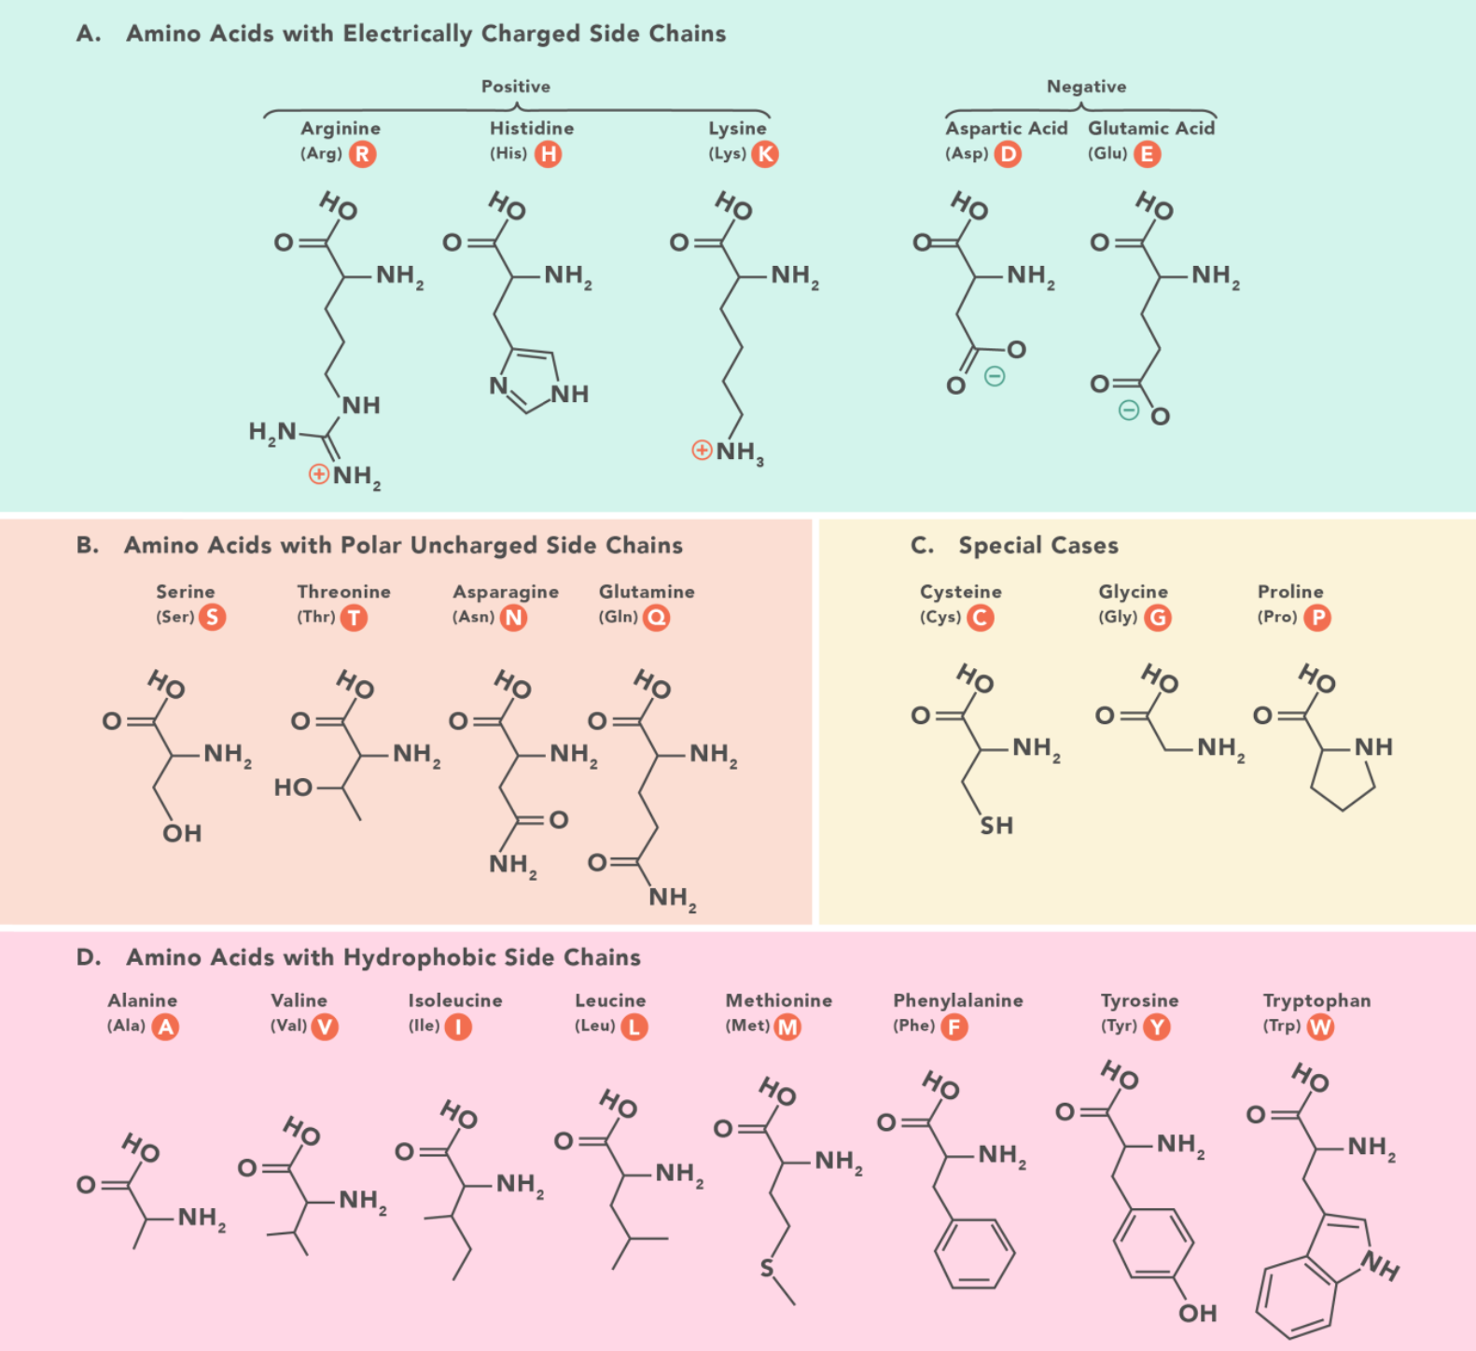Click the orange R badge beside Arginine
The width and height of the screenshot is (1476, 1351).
[363, 154]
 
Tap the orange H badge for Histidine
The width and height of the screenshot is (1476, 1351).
[549, 154]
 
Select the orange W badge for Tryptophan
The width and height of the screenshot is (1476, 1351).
[1320, 1027]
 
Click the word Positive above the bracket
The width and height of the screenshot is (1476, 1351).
[516, 87]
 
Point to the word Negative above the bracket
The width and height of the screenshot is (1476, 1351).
[1086, 87]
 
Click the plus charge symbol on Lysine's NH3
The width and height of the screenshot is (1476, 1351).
[702, 451]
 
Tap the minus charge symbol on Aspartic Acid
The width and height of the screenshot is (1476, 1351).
[995, 377]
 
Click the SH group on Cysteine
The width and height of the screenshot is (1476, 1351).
[996, 826]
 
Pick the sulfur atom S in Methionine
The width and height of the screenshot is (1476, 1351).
[767, 1268]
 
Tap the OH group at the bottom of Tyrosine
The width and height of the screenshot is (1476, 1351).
[1198, 1314]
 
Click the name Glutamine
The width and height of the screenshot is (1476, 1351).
[647, 592]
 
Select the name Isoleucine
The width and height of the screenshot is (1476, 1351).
[455, 1000]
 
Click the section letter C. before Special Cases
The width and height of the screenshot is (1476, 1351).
[922, 546]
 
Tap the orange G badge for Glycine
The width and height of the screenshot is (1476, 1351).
[1158, 618]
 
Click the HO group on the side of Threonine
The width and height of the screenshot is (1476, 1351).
[293, 788]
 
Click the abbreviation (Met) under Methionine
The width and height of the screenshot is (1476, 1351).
[747, 1025]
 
